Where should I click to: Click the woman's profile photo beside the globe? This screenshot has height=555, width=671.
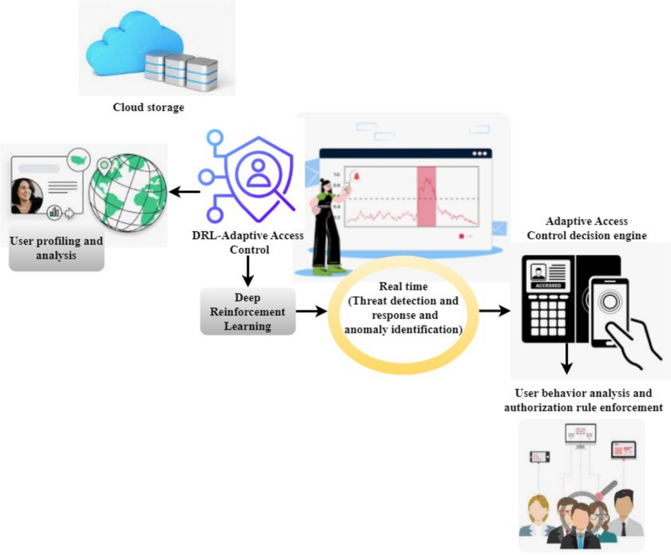point(27,196)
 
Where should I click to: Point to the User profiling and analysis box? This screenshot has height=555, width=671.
point(56,249)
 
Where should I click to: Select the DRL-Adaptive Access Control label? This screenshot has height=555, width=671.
point(247,243)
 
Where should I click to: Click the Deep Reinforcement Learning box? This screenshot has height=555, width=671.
point(247,311)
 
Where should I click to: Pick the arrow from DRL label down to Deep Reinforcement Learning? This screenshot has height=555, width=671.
point(247,272)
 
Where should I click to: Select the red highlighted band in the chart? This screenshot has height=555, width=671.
point(426,196)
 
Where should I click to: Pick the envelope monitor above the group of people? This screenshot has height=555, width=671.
point(580,433)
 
